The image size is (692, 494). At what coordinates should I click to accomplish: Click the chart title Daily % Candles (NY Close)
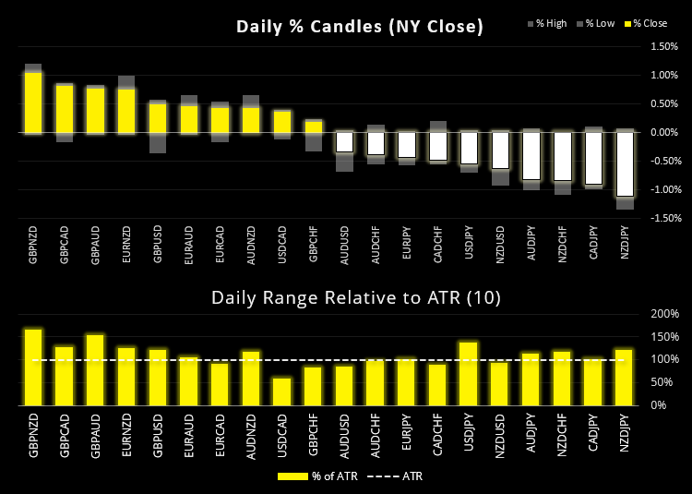click(x=360, y=27)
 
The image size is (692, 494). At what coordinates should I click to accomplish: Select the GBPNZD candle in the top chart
click(x=33, y=102)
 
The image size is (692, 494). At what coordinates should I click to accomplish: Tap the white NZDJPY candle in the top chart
click(x=626, y=163)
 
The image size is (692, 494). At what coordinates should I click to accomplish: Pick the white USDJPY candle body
click(x=469, y=148)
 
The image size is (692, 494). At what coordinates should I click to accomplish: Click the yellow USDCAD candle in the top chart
click(x=282, y=122)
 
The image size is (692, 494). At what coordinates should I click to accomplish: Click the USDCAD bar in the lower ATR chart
click(x=282, y=391)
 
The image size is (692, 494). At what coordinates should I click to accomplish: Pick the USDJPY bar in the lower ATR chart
click(x=469, y=373)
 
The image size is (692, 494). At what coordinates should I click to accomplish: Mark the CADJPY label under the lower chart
click(x=594, y=436)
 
